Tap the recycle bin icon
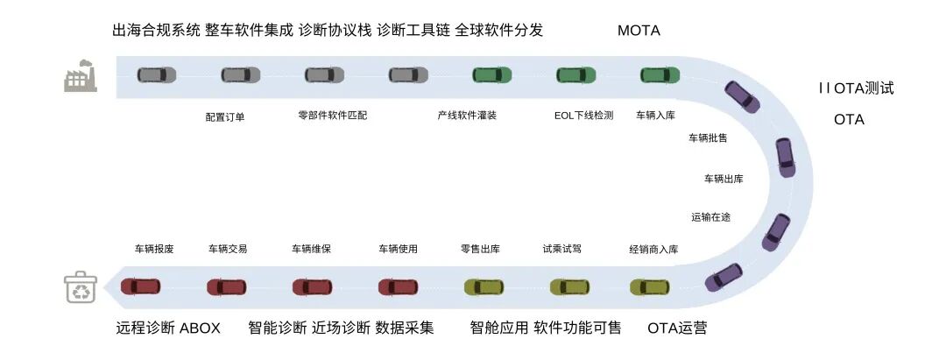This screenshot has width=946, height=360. point(80,287)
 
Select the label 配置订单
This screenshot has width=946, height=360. point(225,116)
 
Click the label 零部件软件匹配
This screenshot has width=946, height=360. point(333,115)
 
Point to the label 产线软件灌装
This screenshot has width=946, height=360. point(467,115)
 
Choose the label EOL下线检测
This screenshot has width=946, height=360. point(583,115)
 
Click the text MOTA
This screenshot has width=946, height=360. point(639,31)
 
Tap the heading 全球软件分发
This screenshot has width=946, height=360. point(499,31)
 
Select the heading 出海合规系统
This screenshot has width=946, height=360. point(156,31)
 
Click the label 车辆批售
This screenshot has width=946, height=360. point(708,138)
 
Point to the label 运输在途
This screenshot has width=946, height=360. point(710,216)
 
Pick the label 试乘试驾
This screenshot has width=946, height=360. point(561,249)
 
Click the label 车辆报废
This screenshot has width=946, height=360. point(154,249)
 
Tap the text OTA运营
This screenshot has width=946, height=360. point(677,328)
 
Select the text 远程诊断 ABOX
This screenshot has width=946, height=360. point(168,328)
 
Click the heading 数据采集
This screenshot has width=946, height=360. point(405,328)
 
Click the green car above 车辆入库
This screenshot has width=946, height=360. point(660,75)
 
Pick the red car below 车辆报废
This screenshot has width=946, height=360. point(141,286)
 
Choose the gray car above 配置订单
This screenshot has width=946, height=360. point(240,75)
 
